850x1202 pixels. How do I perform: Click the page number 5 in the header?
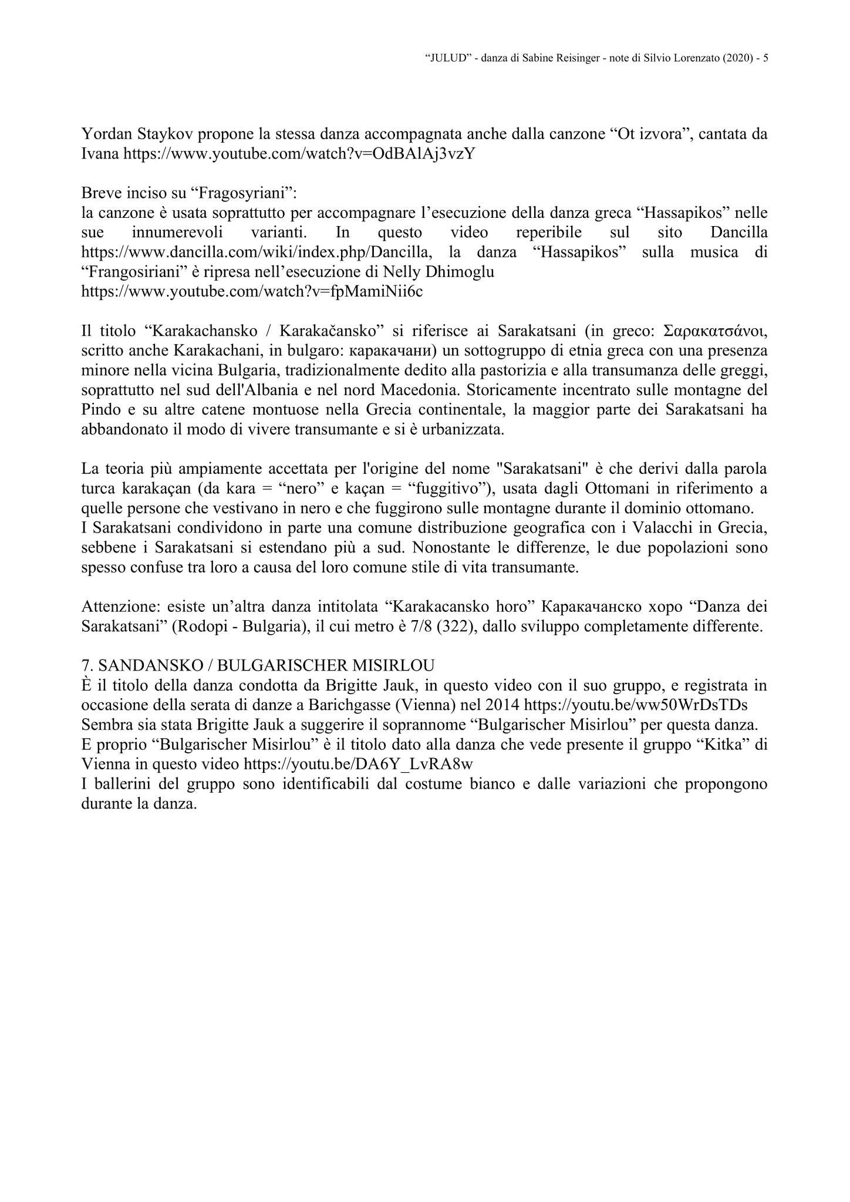point(765,58)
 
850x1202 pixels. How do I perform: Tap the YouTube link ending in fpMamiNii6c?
point(251,292)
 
